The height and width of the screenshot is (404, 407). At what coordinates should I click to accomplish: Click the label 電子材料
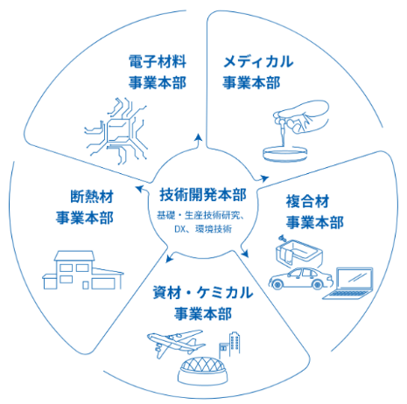click(x=158, y=61)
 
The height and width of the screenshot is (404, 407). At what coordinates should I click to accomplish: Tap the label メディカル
click(x=258, y=61)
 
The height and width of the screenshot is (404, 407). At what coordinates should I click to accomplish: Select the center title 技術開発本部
click(x=203, y=194)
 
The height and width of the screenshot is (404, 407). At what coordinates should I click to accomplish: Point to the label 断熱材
click(x=92, y=196)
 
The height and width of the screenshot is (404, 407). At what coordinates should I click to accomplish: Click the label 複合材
click(x=308, y=201)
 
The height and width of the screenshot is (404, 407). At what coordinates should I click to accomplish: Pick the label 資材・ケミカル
click(x=203, y=293)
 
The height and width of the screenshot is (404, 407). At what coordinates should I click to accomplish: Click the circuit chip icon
click(x=116, y=131)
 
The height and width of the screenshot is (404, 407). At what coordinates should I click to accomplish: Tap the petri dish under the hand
click(x=285, y=154)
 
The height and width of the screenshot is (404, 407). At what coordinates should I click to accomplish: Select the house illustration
click(x=83, y=270)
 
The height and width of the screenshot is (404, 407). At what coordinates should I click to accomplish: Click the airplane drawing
click(x=176, y=343)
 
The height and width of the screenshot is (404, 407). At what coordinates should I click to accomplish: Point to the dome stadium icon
click(x=203, y=371)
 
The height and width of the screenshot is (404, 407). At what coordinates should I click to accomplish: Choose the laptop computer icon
click(x=347, y=283)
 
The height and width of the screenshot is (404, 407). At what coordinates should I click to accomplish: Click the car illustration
click(x=300, y=278)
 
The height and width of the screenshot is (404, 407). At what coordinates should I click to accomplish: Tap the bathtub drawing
click(x=298, y=252)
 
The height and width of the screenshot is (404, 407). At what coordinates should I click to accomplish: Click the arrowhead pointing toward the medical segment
click(x=264, y=178)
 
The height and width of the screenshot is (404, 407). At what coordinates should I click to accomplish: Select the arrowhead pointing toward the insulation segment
click(x=140, y=189)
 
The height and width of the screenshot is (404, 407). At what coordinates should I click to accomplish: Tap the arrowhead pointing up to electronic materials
click(x=199, y=138)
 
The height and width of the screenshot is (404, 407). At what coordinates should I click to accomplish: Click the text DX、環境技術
click(x=203, y=229)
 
